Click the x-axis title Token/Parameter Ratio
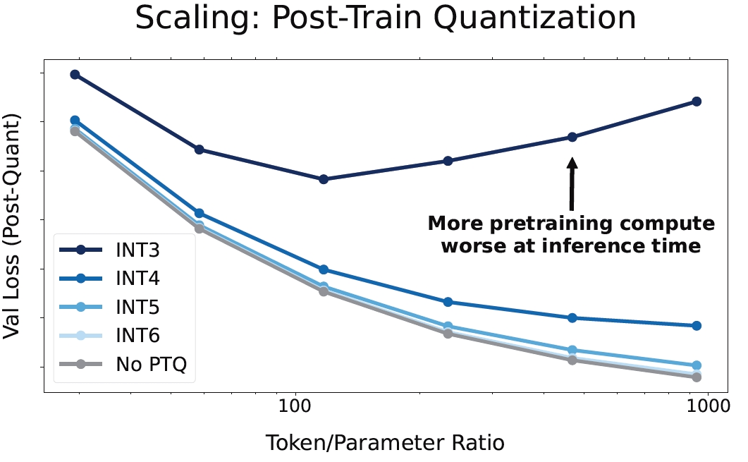tap(385, 443)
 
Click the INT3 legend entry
tap(137, 250)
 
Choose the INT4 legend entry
tap(137, 279)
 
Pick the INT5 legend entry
tap(137, 307)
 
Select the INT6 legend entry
tap(137, 336)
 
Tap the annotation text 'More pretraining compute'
tap(571, 224)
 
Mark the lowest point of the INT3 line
tap(324, 179)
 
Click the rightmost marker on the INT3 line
tap(697, 102)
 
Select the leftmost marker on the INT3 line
tap(75, 74)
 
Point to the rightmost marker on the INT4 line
tap(697, 326)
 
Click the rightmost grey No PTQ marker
tap(697, 377)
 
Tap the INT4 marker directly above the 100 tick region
tap(324, 269)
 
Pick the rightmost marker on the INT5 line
tap(697, 365)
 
